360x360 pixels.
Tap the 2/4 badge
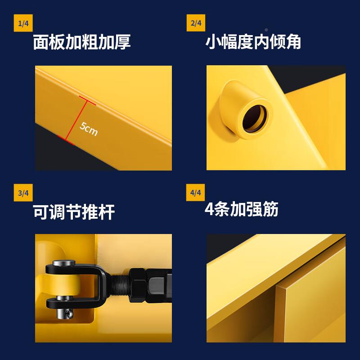(x=196, y=23)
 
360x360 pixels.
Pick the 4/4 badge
(x=196, y=193)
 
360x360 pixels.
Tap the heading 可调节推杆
(x=74, y=212)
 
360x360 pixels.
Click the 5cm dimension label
(x=88, y=129)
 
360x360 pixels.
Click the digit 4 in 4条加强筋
(x=209, y=209)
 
